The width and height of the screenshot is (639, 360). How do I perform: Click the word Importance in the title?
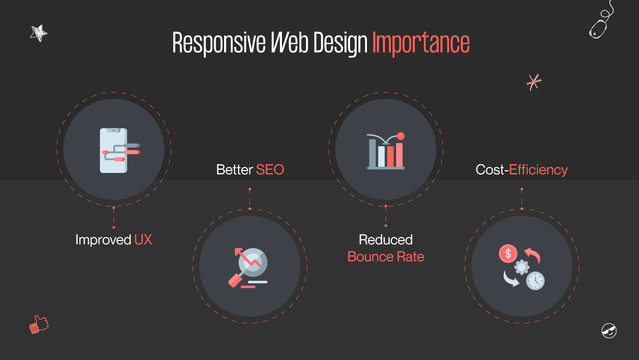(x=421, y=43)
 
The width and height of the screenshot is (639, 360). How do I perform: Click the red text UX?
(x=143, y=240)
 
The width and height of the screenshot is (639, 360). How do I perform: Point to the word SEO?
(x=270, y=170)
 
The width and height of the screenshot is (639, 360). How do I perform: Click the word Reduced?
(x=386, y=240)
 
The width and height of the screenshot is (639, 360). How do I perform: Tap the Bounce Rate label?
(x=386, y=257)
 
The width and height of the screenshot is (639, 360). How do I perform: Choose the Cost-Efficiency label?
(x=522, y=170)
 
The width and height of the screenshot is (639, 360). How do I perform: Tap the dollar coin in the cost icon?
(x=508, y=254)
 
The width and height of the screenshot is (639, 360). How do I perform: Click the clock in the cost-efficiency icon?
(x=535, y=281)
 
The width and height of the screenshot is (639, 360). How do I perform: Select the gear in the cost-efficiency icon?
(x=522, y=267)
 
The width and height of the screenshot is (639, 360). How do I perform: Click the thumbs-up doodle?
(x=39, y=325)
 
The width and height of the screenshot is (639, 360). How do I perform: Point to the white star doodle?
(x=39, y=33)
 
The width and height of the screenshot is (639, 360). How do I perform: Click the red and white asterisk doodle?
(x=533, y=82)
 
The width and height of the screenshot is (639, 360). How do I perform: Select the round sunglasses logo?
(x=609, y=330)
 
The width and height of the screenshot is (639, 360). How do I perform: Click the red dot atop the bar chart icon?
(x=400, y=136)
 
